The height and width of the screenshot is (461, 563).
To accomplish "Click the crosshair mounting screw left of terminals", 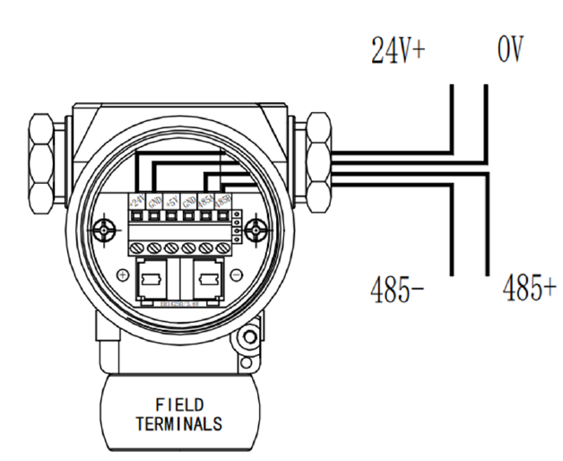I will (106, 230).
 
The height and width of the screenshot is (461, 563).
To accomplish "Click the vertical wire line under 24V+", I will (454, 117).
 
